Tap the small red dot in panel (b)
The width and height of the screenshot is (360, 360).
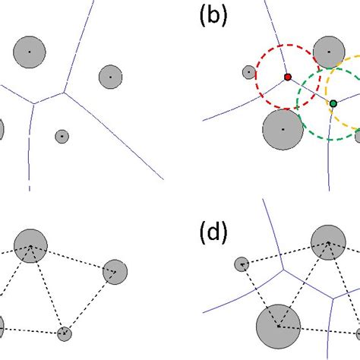[288, 77]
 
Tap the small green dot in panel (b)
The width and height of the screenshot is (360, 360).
[333, 103]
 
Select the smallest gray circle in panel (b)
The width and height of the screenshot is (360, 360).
[248, 72]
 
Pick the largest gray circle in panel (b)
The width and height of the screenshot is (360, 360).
[283, 129]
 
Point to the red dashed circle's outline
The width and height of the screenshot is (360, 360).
[257, 76]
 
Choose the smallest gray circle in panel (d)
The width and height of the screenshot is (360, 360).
[242, 264]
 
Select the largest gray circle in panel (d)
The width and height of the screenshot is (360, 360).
[277, 327]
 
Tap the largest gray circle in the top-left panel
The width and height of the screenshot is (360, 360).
[30, 51]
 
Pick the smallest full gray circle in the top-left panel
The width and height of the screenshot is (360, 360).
[62, 137]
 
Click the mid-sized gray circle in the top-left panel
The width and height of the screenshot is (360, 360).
[110, 77]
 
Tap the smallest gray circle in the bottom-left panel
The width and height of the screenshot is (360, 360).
[65, 333]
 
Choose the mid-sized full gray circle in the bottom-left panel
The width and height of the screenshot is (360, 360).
[115, 271]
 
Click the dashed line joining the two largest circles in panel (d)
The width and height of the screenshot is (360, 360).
[302, 285]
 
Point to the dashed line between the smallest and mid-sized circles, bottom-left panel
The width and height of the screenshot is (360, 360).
[90, 302]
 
